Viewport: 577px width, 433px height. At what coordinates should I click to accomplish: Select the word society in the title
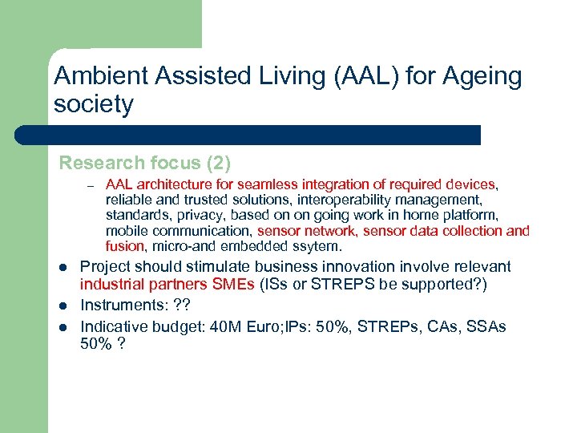93,105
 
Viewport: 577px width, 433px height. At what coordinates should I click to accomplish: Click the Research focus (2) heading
144,164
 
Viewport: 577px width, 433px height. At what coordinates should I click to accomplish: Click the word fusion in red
124,246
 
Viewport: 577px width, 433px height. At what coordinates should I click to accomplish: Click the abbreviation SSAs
486,326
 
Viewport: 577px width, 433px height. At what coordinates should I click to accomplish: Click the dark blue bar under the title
248,135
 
